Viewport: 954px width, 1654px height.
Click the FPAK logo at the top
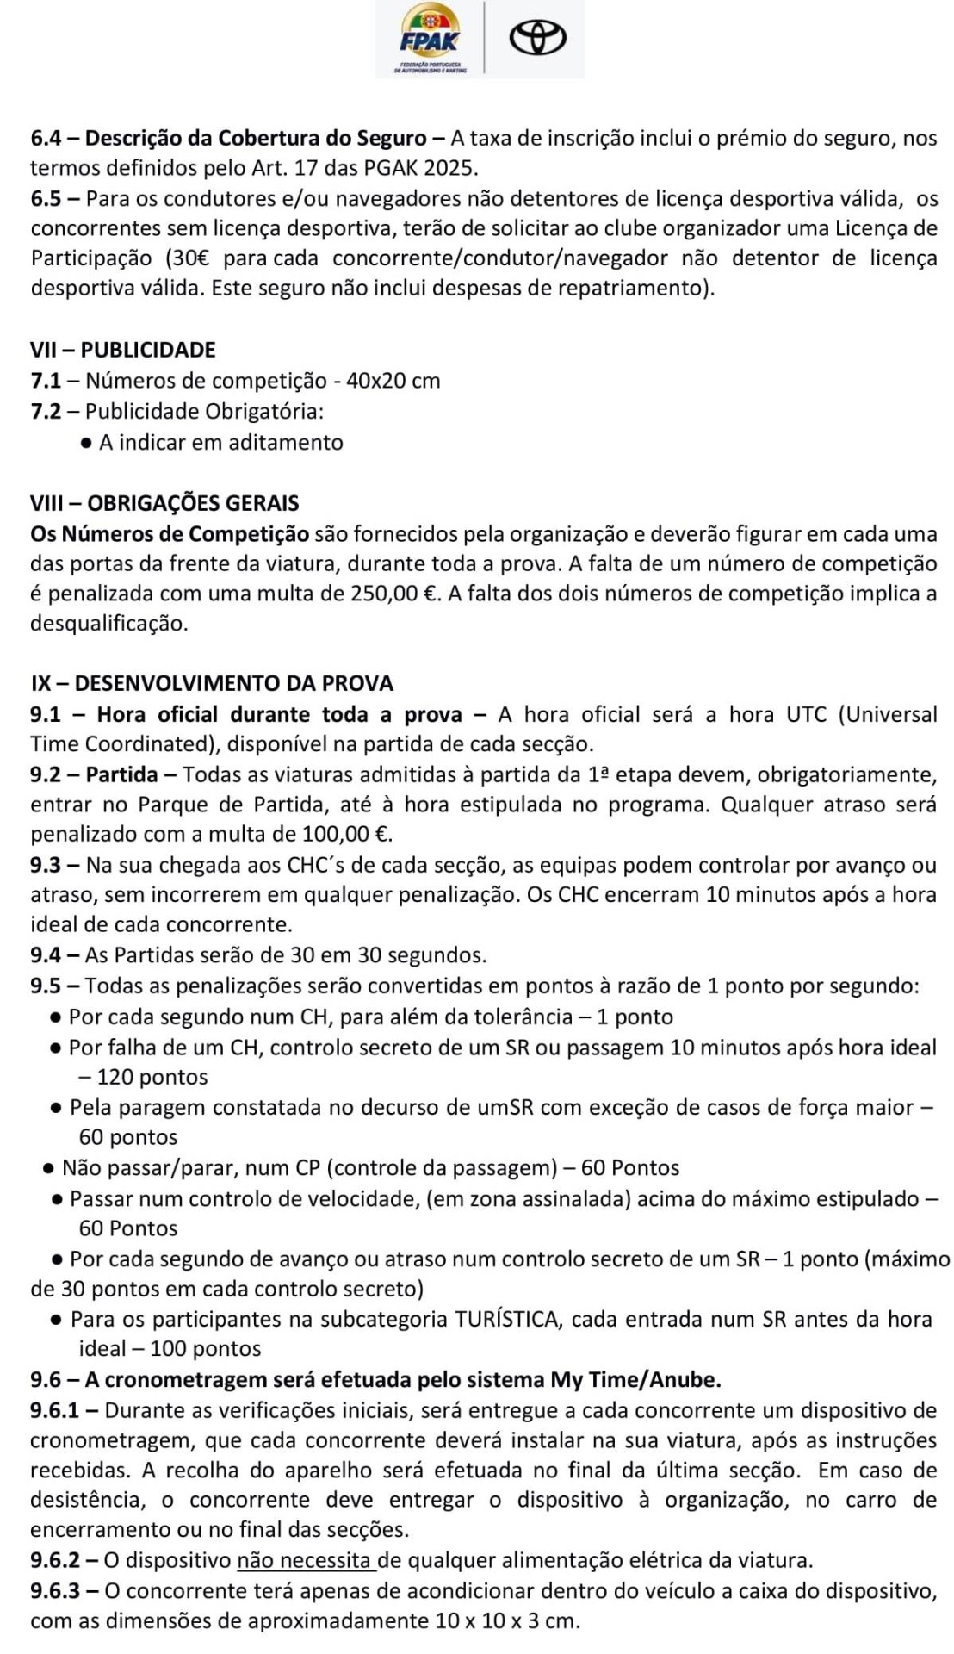(x=430, y=40)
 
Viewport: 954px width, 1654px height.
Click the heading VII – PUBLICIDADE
(x=123, y=350)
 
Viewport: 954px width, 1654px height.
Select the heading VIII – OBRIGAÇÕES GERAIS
(x=164, y=503)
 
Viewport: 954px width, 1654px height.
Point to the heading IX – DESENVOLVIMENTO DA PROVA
(x=212, y=683)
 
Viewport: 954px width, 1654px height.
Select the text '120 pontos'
(x=153, y=1077)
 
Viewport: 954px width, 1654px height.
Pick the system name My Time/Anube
(x=635, y=1379)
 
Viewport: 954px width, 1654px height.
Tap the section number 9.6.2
(x=56, y=1560)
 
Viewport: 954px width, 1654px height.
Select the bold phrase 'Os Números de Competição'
(x=170, y=534)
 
